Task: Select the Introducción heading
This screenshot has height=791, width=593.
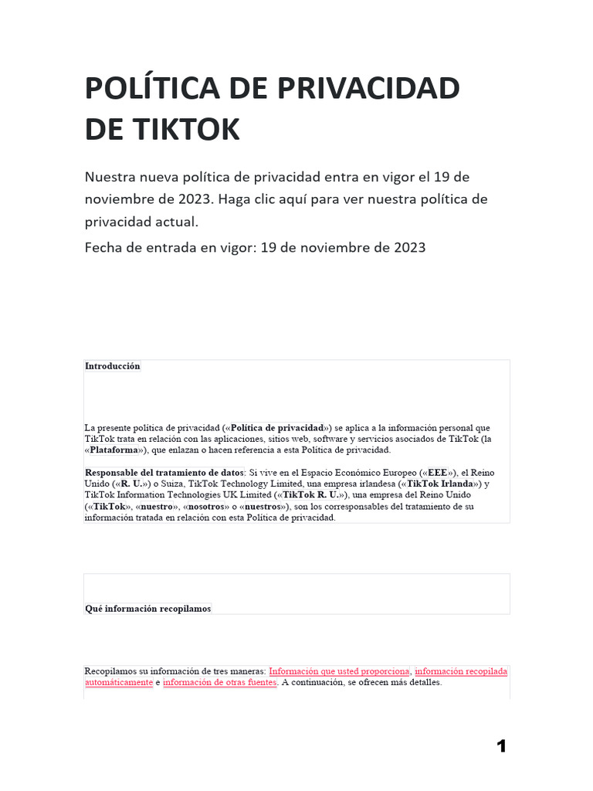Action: click(x=113, y=366)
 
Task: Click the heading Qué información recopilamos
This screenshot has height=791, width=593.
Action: click(x=147, y=609)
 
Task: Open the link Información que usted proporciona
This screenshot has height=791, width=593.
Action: click(x=339, y=671)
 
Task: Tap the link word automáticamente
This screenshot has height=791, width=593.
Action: click(x=118, y=683)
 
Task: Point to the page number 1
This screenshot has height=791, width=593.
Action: click(x=501, y=746)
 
